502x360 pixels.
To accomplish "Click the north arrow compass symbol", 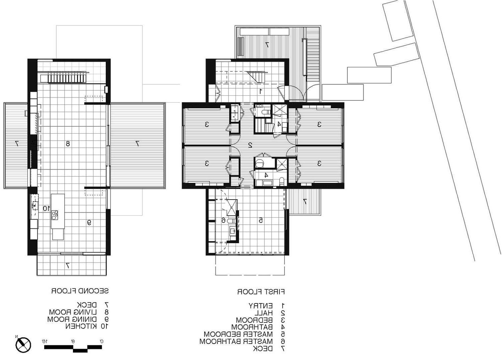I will [x=23, y=345].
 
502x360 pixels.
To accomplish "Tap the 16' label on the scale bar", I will [x=44, y=341].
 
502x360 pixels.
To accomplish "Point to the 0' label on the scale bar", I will [x=101, y=341].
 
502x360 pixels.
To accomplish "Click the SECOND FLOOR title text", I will [x=80, y=291].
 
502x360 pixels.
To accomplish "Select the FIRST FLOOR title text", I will [x=261, y=292].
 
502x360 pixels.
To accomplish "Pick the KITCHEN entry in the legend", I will [x=87, y=326].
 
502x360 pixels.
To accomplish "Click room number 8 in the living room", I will [x=68, y=144].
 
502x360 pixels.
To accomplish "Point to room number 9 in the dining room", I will [x=89, y=222].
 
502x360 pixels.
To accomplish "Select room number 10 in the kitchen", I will [x=46, y=208].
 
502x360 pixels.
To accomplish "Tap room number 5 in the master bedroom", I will [x=261, y=220].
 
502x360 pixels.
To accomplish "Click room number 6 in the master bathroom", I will [x=223, y=220].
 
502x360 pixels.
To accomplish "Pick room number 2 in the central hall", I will [x=250, y=145].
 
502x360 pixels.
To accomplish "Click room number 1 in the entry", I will [x=261, y=91].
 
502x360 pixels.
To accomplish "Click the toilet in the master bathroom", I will [x=231, y=221].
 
